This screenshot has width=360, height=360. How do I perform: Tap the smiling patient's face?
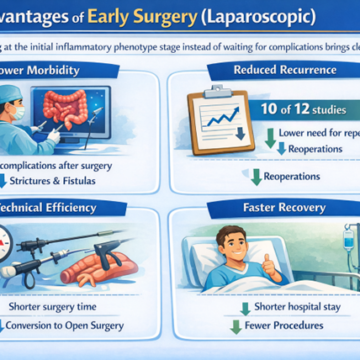point(264,245)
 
